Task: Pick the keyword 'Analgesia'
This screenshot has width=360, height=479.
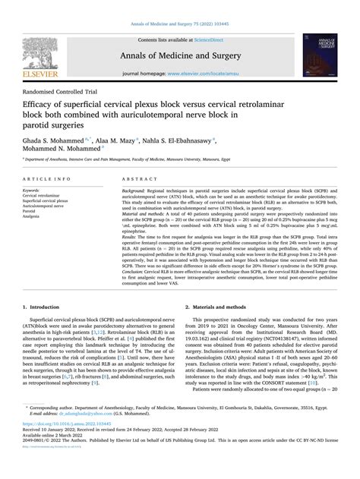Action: tap(34, 216)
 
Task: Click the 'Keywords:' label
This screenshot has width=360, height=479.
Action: tap(33, 190)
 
